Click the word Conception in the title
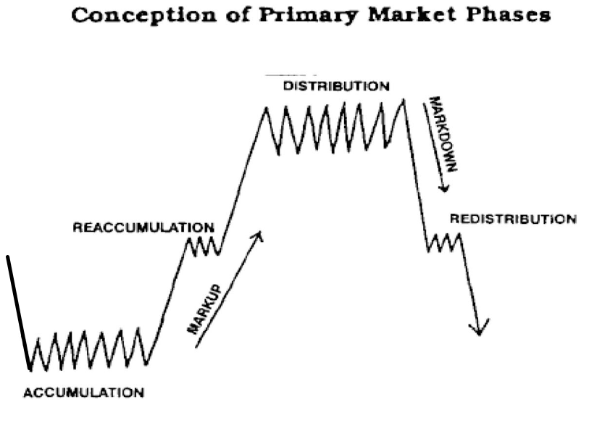[144, 16]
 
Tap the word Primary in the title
[309, 16]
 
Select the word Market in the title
[412, 14]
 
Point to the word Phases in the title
[509, 14]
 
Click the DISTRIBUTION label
[336, 86]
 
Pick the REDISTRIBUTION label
[513, 219]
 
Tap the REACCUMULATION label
[143, 227]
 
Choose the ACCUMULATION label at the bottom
[84, 393]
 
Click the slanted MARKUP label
[204, 309]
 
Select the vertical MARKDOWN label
[443, 134]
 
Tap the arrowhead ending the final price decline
[480, 328]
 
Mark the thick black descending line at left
[18, 313]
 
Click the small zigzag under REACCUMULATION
[202, 247]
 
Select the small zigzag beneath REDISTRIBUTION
[444, 243]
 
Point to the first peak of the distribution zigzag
[266, 108]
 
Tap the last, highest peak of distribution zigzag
[404, 100]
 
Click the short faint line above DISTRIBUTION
[290, 75]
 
